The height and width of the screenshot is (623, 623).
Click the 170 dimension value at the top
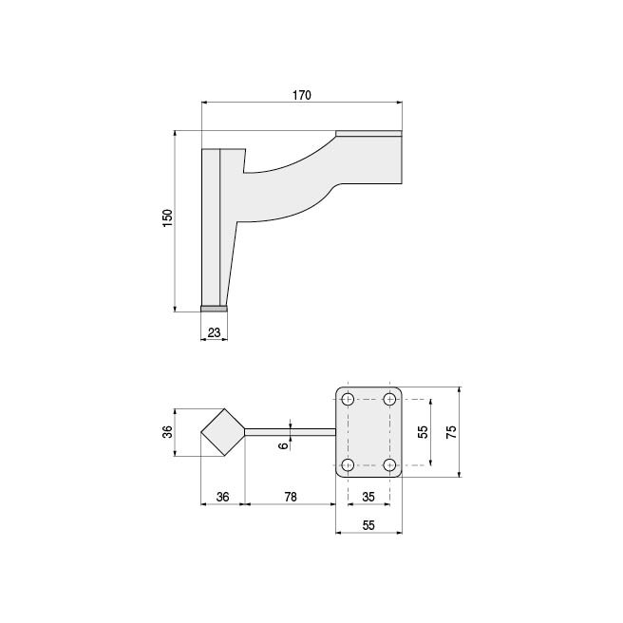point(302,95)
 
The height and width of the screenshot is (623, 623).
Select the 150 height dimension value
point(168,217)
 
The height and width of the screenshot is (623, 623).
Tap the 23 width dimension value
point(214,331)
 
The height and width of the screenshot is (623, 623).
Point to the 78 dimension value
point(291,496)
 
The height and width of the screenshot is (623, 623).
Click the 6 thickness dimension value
point(283,444)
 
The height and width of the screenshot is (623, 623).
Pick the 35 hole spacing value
point(368,496)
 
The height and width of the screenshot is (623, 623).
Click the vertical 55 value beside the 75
point(424,431)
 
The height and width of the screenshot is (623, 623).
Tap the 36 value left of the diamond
point(168,432)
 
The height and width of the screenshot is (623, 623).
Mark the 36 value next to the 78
point(223,496)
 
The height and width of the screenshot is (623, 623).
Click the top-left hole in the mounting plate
point(349,398)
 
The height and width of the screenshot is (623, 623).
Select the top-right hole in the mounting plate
point(389,398)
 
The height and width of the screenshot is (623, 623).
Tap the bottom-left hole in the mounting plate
point(349,464)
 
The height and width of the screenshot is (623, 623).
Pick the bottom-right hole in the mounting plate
point(389,464)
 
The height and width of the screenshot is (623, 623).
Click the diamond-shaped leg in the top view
point(222,432)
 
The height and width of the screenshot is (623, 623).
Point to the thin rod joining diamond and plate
point(290,432)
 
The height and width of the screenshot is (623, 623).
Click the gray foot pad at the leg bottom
point(214,308)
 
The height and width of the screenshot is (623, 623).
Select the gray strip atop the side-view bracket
point(369,133)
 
